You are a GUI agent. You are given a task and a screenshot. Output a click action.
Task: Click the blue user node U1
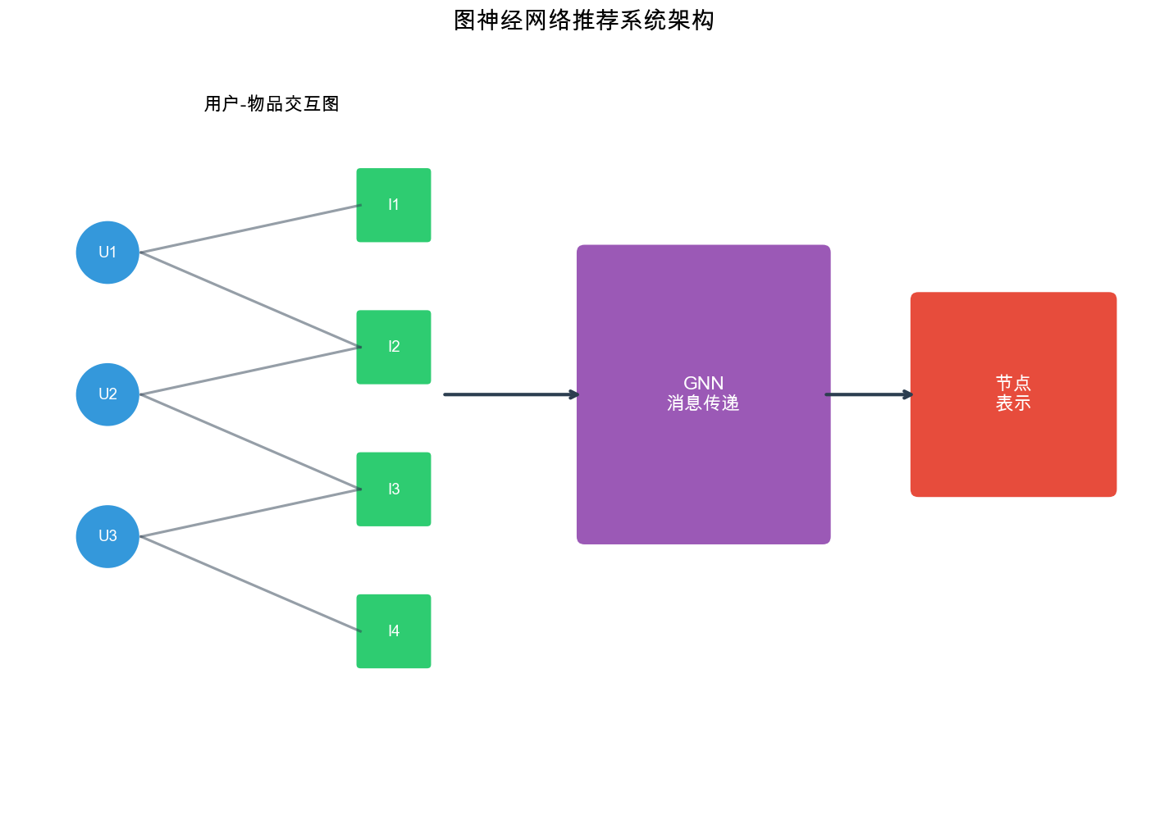[107, 253]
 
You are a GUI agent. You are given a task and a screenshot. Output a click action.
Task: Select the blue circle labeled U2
[107, 394]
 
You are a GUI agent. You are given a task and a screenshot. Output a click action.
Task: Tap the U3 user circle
[107, 536]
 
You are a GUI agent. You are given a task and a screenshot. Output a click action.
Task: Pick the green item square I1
[394, 205]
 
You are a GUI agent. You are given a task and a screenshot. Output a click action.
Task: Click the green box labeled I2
[394, 347]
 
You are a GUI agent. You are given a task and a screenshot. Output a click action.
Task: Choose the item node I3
[394, 489]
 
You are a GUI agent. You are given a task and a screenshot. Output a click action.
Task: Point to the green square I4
[394, 631]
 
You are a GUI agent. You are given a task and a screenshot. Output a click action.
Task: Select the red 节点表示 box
[1013, 443]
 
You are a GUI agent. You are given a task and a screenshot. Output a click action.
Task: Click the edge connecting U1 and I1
[250, 229]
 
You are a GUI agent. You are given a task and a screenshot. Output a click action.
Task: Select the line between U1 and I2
[250, 300]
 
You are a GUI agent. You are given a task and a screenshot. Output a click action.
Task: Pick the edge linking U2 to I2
[250, 371]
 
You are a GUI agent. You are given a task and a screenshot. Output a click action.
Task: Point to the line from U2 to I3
[250, 442]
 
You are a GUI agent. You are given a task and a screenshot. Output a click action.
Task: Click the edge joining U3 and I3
[250, 513]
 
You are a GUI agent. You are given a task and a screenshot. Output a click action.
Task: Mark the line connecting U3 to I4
[250, 584]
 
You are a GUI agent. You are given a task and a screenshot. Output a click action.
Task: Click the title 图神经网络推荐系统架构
[584, 20]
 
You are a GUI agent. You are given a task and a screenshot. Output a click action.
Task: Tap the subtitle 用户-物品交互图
[272, 104]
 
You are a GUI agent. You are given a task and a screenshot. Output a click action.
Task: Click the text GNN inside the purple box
[703, 383]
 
